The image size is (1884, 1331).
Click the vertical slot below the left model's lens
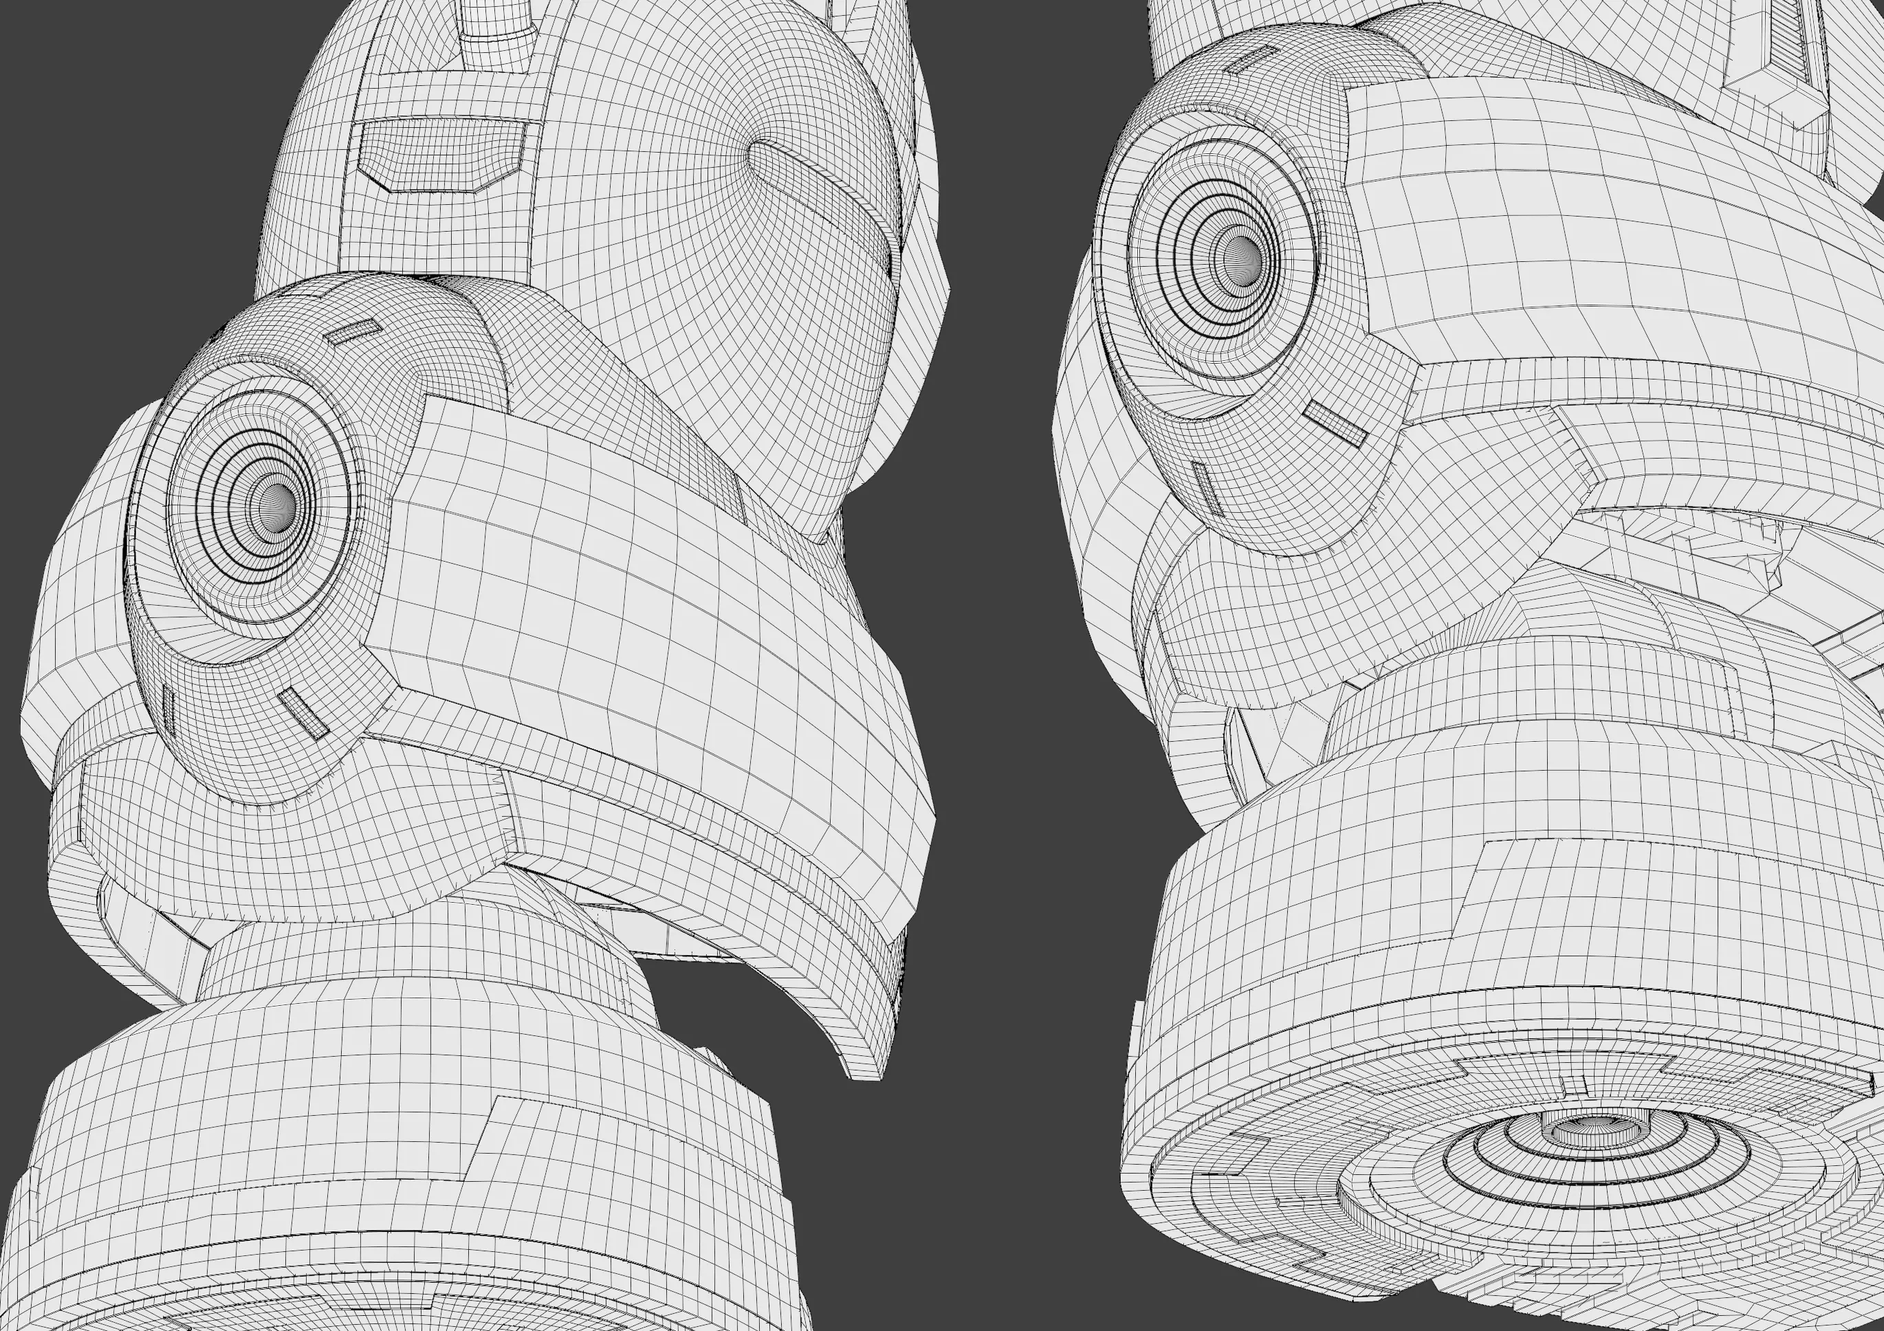(169, 708)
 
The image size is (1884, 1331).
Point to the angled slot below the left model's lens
(302, 712)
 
